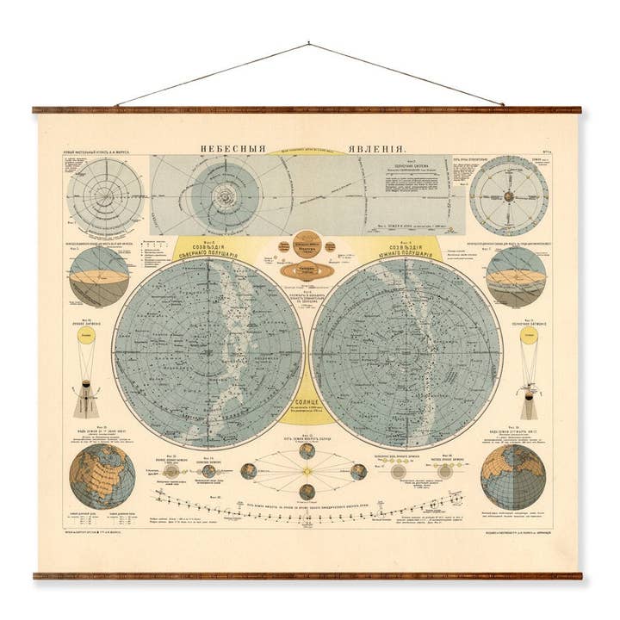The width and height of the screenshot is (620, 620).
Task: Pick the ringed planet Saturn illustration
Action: pos(307,270)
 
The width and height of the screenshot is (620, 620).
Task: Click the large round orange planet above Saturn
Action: pos(307,240)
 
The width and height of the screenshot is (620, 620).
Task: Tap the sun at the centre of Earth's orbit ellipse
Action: pos(307,472)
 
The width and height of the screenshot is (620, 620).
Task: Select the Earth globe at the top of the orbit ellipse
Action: pos(307,450)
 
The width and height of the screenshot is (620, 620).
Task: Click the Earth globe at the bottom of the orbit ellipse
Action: pos(307,492)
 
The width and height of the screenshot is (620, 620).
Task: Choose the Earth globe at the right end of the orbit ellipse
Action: pos(358,472)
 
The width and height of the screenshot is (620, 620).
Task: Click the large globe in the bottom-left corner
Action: pos(102,476)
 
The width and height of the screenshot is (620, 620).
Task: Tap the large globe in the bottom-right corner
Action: pos(512,476)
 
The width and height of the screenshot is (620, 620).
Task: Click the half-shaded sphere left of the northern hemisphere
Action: pos(100,276)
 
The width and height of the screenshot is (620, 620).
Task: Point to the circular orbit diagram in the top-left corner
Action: pos(106,195)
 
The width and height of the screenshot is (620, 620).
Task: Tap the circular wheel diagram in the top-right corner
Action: pos(510,195)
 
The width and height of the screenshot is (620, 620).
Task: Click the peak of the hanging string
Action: pos(308,44)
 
